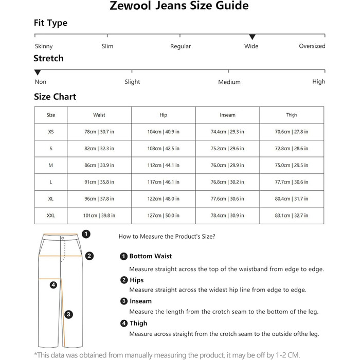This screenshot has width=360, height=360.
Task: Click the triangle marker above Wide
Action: pos(252,37)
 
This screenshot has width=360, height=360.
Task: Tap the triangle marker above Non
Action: pos(38,73)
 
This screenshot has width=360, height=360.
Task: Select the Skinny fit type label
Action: pos(43,46)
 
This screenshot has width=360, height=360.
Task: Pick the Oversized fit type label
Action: pos(312,46)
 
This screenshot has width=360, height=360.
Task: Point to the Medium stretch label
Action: pos(229,82)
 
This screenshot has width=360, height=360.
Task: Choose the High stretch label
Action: pos(318,82)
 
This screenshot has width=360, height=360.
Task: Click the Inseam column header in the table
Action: pos(227,115)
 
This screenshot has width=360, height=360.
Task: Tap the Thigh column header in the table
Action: pos(292,115)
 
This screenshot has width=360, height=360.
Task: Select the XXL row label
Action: pos(51,215)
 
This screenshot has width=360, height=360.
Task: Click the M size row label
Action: pos(51,165)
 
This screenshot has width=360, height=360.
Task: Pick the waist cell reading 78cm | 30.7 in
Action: pos(99,132)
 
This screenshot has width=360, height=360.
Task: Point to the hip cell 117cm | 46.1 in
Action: pos(164,182)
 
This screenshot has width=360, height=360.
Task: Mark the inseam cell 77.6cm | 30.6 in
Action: pos(227,199)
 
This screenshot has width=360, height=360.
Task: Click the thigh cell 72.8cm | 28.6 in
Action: pos(292,149)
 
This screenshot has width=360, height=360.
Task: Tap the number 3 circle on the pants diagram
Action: pos(69,314)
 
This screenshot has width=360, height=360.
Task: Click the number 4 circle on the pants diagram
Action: pos(53,285)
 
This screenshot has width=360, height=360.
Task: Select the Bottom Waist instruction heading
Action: pos(150,256)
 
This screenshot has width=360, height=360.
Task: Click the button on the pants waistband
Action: pos(63,238)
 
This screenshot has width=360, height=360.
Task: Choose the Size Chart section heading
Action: pos(55,97)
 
